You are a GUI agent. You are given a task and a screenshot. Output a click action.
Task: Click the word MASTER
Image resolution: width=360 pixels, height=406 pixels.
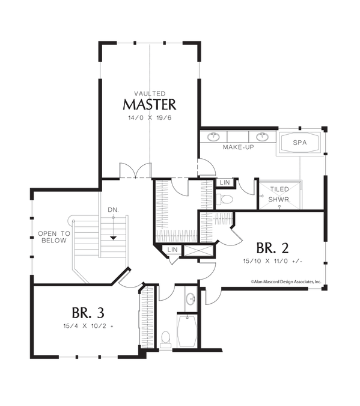tap(150, 104)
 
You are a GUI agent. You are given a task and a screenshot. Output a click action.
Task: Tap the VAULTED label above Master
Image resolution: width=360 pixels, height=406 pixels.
tap(150, 93)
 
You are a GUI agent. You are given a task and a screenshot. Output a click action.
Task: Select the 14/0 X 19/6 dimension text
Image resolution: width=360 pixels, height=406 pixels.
tap(150, 118)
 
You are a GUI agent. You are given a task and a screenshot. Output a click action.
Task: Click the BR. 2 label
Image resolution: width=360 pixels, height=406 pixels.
tap(272, 248)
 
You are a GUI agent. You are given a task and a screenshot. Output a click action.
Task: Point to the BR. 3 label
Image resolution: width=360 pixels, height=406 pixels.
tap(88, 313)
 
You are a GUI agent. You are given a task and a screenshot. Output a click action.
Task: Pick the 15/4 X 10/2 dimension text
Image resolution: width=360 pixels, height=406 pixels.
tap(88, 326)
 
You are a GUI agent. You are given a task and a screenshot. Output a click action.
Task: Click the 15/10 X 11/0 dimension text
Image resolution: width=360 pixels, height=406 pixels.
tap(272, 261)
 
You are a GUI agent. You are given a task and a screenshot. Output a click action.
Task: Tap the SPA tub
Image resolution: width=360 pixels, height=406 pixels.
tap(300, 143)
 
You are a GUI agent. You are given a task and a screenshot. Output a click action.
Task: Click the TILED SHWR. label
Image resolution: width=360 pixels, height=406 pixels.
tap(279, 194)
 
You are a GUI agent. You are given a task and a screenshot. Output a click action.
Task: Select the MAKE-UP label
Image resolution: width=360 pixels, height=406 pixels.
tap(239, 147)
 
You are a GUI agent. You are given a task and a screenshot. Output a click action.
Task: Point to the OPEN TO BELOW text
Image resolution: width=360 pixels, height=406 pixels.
tap(54, 237)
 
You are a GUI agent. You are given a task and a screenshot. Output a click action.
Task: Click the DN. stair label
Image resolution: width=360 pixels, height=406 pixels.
tap(113, 210)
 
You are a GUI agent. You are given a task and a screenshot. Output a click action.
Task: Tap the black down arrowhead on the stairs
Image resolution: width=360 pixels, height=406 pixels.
tap(113, 238)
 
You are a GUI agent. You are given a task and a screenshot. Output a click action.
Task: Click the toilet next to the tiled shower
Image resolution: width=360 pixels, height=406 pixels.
tap(225, 199)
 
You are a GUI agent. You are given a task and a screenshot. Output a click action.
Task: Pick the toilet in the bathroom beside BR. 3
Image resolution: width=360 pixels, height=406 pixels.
tap(165, 339)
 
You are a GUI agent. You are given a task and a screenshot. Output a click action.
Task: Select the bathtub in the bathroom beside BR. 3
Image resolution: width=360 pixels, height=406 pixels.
tap(187, 330)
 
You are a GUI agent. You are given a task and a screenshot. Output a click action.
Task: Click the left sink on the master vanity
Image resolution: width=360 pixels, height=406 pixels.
tap(213, 137)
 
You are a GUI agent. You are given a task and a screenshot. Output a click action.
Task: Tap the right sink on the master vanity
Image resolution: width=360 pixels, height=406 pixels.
tap(262, 137)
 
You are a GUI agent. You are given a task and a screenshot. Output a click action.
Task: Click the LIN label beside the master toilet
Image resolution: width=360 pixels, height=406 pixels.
tap(225, 182)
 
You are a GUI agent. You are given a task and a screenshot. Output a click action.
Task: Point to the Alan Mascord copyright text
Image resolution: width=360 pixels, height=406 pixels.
tap(286, 281)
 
